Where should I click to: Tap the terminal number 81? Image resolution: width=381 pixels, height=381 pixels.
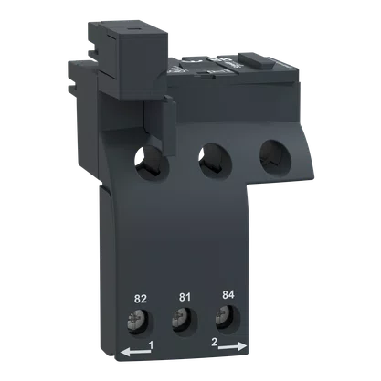point(185,296)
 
